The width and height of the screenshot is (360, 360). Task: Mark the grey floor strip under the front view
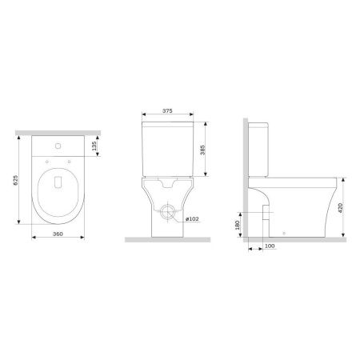click(166, 239)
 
